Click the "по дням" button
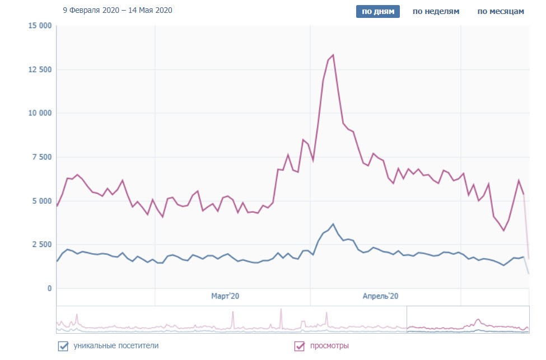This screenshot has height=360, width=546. (378, 12)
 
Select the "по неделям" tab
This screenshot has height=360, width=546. (436, 12)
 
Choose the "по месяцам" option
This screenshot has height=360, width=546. (501, 12)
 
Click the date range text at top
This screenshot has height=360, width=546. (118, 10)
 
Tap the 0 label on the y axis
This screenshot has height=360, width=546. (49, 288)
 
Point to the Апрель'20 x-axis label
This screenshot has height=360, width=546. (380, 296)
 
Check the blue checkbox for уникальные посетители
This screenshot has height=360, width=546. (63, 346)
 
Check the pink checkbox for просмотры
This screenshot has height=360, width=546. (300, 347)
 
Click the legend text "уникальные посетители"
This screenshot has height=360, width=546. (116, 346)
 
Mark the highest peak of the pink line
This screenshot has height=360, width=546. (333, 55)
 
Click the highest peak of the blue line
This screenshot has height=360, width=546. (333, 224)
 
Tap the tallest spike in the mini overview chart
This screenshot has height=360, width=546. (281, 310)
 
